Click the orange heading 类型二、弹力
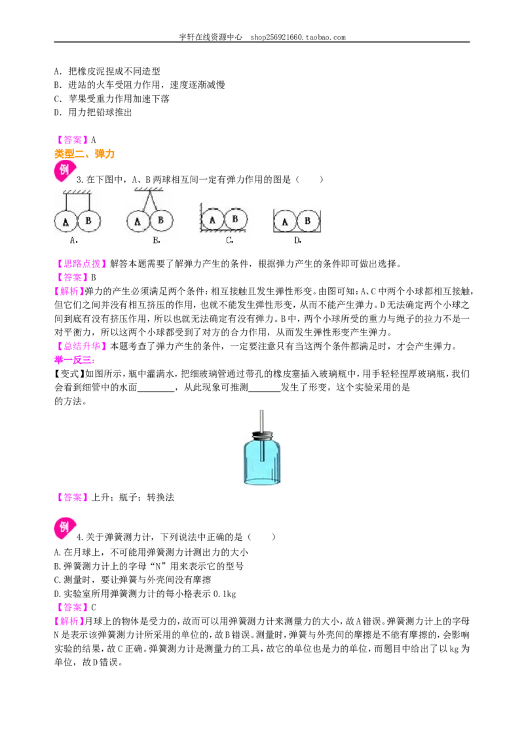click(x=84, y=154)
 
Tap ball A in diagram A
click(x=65, y=222)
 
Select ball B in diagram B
click(x=161, y=220)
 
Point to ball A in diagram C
click(x=212, y=220)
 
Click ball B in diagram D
click(x=308, y=220)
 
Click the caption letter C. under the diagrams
click(x=229, y=241)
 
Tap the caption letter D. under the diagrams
click(x=297, y=241)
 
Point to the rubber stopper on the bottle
click(x=262, y=435)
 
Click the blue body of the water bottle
click(x=262, y=461)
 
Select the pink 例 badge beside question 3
click(x=64, y=171)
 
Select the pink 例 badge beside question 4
click(x=64, y=528)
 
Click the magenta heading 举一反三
click(x=74, y=360)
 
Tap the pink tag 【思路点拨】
click(x=79, y=264)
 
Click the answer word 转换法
click(x=160, y=498)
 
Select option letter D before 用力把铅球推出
click(x=58, y=112)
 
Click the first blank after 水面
click(x=156, y=388)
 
